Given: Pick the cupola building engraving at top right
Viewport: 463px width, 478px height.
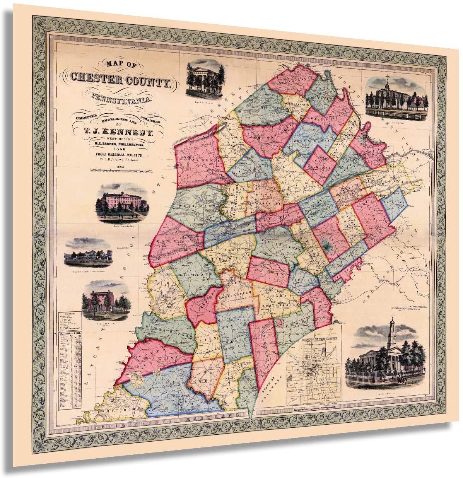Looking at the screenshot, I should (x=395, y=96).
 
